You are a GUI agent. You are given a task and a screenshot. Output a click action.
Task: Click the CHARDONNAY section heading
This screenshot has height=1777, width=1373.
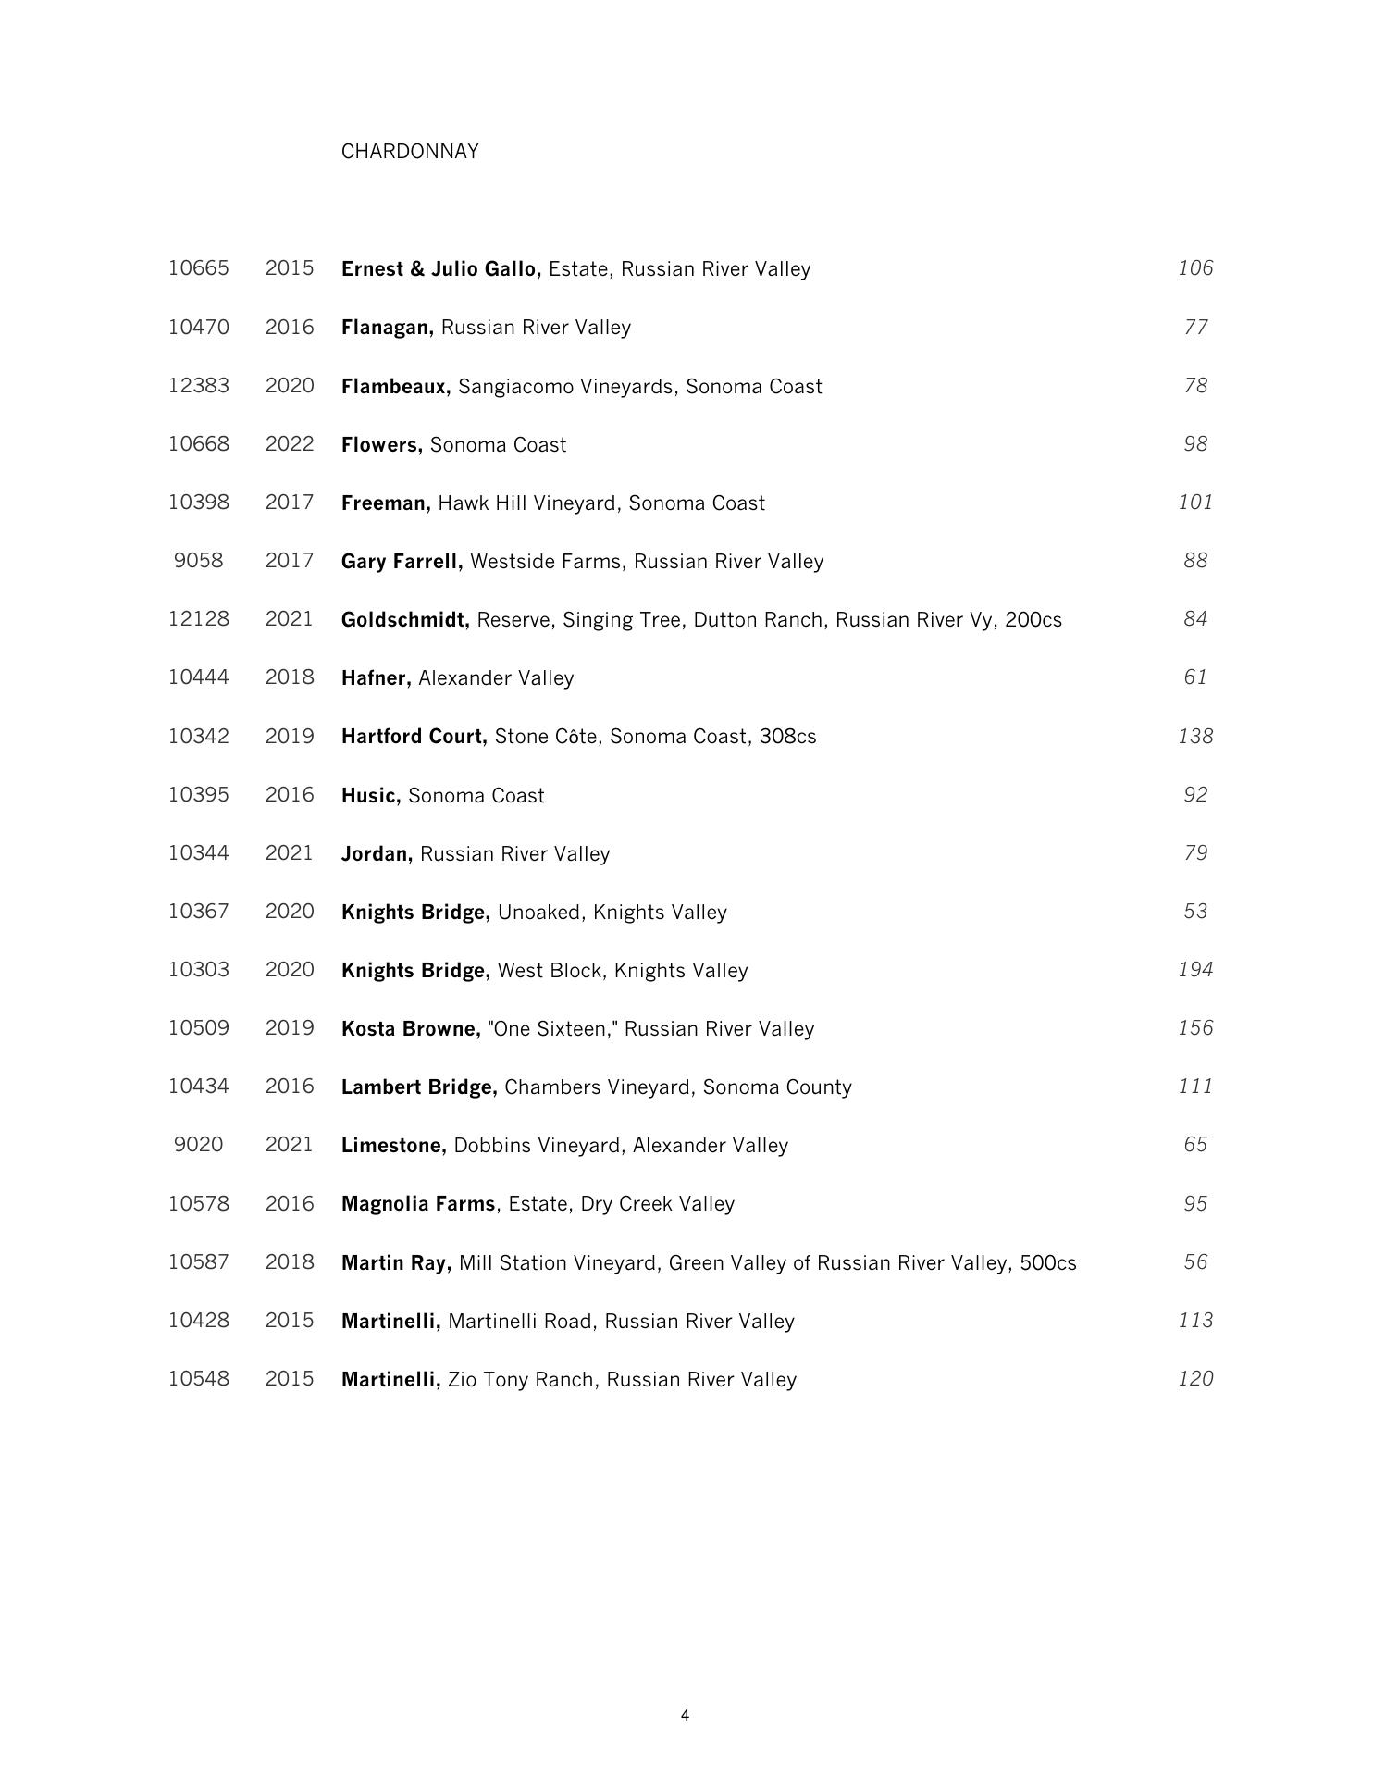click(x=410, y=152)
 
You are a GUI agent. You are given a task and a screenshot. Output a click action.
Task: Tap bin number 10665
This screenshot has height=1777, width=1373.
click(x=198, y=268)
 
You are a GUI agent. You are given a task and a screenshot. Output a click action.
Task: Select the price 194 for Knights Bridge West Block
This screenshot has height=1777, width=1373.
click(x=1195, y=970)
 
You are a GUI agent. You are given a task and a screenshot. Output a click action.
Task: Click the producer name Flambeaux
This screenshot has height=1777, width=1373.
click(x=395, y=387)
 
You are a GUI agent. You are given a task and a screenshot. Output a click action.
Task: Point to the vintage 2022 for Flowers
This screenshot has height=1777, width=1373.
click(x=290, y=444)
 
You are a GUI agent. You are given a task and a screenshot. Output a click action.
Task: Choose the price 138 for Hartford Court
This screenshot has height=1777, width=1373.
click(x=1195, y=737)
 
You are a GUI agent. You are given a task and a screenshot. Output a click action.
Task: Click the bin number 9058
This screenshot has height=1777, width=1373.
click(x=198, y=561)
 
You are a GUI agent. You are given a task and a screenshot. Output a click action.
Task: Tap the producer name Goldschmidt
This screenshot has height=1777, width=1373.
click(x=404, y=620)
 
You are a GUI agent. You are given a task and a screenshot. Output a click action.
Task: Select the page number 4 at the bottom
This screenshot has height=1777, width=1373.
click(x=685, y=1715)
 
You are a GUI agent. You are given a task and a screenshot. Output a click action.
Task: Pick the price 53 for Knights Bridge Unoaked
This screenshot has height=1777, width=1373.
click(x=1195, y=912)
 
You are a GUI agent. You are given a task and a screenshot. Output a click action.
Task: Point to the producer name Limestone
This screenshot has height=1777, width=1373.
click(x=393, y=1146)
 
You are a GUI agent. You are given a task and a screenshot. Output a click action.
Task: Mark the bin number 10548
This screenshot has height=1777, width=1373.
click(x=198, y=1379)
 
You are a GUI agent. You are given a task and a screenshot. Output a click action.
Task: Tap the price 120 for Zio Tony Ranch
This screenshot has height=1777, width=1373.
click(x=1195, y=1379)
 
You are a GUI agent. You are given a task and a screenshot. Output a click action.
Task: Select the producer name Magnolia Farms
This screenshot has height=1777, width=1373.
click(x=418, y=1204)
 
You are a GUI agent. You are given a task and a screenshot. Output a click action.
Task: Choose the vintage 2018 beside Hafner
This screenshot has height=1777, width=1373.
click(x=290, y=677)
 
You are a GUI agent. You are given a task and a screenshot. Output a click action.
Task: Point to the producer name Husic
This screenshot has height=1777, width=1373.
click(x=370, y=796)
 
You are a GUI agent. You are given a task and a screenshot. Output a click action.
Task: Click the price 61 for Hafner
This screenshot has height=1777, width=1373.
click(x=1195, y=677)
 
